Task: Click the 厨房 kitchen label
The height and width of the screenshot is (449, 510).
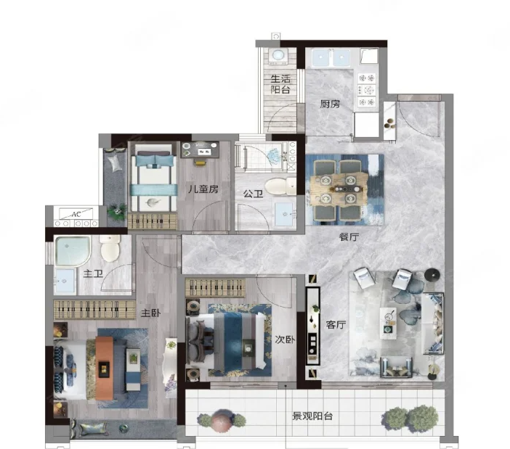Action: point(330,104)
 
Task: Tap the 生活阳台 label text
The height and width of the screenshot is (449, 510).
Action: point(280,84)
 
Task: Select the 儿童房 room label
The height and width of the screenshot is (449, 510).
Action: point(203,189)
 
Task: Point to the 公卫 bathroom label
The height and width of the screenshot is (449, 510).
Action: point(253,194)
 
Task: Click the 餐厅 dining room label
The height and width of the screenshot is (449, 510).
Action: point(349,237)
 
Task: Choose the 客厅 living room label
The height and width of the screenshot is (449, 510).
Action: point(336,325)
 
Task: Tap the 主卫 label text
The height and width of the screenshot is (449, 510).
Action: point(93,273)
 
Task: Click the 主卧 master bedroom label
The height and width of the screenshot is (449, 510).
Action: point(150,313)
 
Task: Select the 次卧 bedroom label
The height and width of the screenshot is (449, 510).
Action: point(285,339)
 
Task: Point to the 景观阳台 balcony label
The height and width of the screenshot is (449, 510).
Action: point(312,416)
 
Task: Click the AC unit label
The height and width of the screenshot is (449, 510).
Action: point(76,214)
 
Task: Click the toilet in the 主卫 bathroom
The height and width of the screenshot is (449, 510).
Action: point(110,249)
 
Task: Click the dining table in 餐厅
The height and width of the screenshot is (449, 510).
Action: point(339,189)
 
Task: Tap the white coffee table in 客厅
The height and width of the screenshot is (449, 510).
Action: point(388,324)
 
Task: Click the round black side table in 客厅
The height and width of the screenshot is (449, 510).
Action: point(432,276)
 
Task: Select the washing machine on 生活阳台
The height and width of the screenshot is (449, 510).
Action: point(278,56)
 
